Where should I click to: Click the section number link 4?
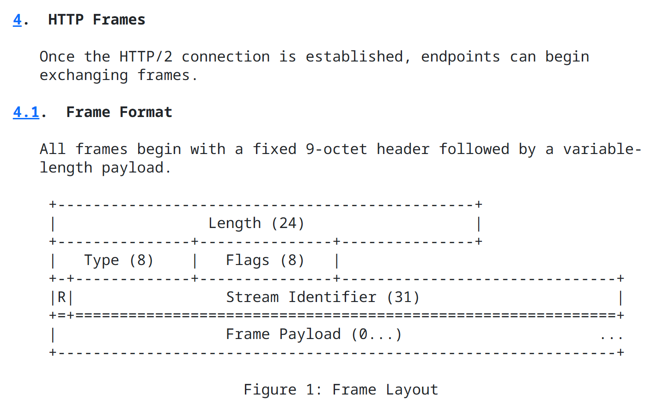17,20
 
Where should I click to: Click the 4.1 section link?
26,112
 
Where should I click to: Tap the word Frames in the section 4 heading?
119,20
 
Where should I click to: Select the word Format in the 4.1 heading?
146,112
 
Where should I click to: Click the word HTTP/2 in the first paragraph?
146,57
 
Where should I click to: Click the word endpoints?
460,57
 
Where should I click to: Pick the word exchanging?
84,76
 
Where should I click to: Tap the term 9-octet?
336,149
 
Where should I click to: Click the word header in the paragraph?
403,149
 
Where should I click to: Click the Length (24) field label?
256,223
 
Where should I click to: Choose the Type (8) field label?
119,260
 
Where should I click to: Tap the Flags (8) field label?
265,260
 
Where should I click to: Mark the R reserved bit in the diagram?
61,297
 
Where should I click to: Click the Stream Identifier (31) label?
323,297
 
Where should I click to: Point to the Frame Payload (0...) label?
314,334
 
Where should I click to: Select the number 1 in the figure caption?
310,389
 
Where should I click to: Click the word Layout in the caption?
412,390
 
